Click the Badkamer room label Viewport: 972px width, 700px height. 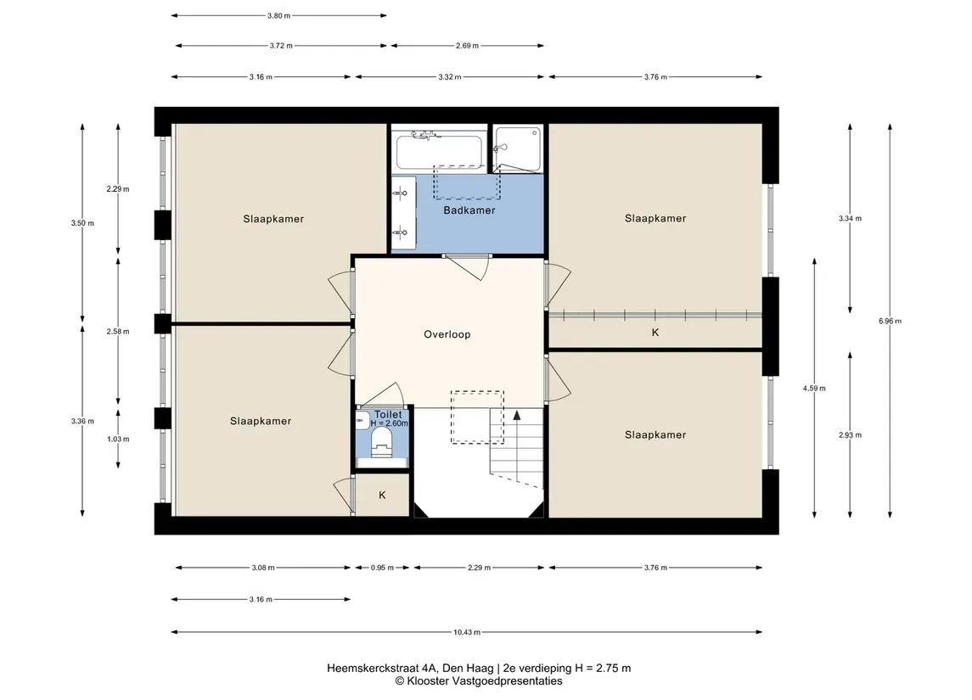click(469, 210)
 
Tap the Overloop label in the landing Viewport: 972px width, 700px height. click(447, 334)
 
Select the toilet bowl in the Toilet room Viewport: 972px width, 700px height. click(381, 443)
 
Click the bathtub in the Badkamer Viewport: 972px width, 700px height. click(440, 150)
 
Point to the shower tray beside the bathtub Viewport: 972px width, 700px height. click(518, 148)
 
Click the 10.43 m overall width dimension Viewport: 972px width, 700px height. click(467, 632)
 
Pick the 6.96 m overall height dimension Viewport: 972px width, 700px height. click(891, 321)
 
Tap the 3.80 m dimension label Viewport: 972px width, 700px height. click(279, 15)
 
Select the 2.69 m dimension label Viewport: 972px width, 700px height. click(467, 45)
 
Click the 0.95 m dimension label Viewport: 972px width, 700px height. click(383, 568)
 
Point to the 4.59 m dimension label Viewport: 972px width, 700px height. click(815, 389)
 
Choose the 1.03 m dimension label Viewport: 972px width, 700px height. click(118, 440)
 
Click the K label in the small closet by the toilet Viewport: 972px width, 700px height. click(382, 495)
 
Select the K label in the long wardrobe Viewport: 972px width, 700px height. click(655, 333)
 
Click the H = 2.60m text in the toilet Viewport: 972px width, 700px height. click(390, 423)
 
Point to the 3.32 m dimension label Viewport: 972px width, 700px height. click(450, 77)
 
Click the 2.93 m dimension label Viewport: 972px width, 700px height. click(850, 435)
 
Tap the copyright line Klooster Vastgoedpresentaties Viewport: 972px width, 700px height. click(479, 681)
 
